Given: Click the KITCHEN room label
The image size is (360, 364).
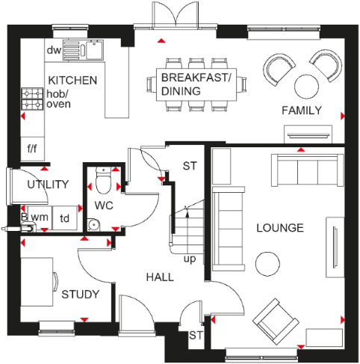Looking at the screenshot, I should [x=72, y=80].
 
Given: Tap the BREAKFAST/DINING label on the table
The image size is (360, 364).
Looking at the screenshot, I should [x=197, y=84].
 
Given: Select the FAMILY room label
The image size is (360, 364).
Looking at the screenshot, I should [x=301, y=111].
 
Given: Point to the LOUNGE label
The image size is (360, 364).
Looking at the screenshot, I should [x=279, y=227].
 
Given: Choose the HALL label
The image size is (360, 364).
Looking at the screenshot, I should [x=159, y=277].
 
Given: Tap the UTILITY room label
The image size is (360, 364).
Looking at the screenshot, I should [x=48, y=185].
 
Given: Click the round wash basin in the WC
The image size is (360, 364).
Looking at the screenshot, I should [x=93, y=223].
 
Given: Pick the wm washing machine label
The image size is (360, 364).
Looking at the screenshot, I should [x=40, y=217].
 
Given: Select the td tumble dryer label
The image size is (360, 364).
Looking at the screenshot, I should [x=65, y=218].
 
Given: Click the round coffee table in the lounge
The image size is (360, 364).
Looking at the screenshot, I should [x=267, y=263].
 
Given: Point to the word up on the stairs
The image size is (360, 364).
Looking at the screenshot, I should [x=190, y=258].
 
